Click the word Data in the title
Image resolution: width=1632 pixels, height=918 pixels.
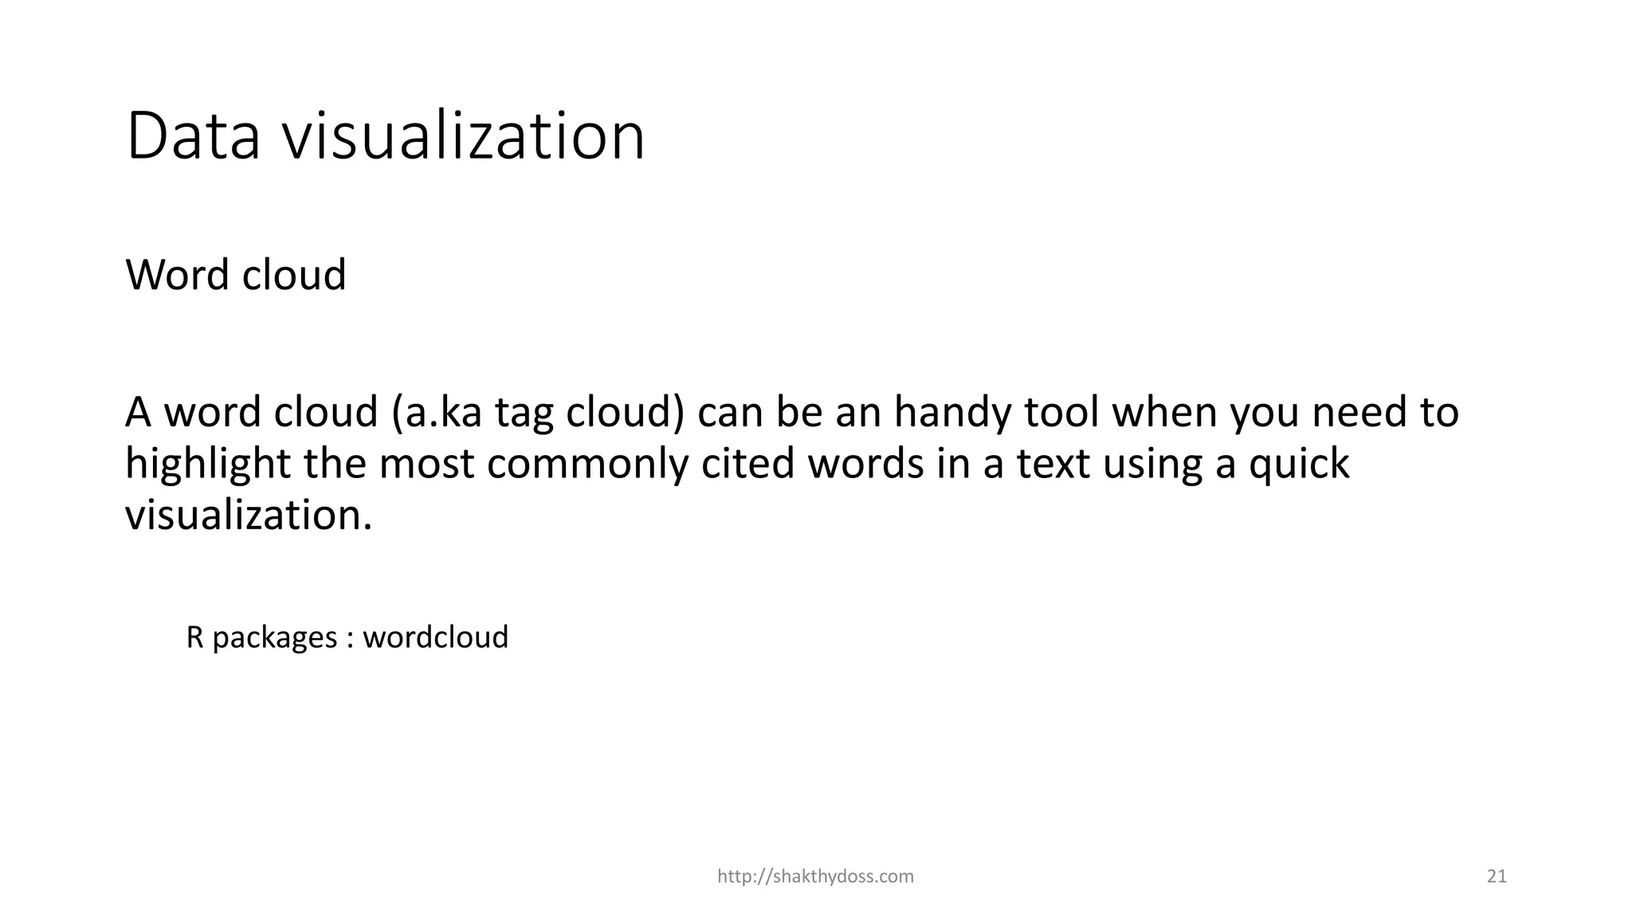coord(194,137)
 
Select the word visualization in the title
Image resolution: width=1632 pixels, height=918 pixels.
coord(465,137)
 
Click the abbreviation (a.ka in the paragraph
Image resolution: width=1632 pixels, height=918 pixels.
coord(437,413)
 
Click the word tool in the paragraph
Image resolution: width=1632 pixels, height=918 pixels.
coord(1061,413)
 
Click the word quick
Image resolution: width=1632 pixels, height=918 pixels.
coord(1299,465)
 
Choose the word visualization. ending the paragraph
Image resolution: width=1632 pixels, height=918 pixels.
coord(249,515)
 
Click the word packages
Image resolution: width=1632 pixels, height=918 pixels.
coord(274,638)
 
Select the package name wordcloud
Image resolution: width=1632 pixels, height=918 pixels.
coord(436,637)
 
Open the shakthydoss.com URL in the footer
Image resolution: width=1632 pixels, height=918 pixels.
coord(815,877)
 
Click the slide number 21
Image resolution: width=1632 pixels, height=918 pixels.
coord(1497,877)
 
